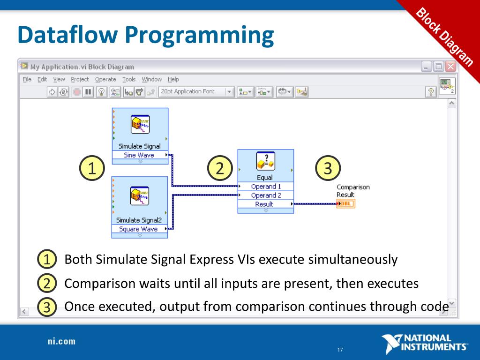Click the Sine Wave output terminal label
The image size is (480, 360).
(139, 155)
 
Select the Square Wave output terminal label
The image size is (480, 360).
(138, 229)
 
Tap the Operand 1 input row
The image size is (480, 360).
(265, 187)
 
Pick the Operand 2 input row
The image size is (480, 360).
(265, 195)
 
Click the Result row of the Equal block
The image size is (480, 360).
(264, 204)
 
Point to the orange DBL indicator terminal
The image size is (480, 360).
(346, 203)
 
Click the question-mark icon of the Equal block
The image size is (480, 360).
(265, 162)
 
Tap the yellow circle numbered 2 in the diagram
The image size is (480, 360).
(220, 169)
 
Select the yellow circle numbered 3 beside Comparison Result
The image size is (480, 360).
(328, 169)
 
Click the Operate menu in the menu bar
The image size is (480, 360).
(105, 80)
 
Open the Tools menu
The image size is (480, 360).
(129, 80)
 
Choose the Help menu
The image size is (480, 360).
(173, 80)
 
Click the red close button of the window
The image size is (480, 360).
(450, 67)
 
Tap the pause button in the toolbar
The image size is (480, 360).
(88, 92)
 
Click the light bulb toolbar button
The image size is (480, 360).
(101, 92)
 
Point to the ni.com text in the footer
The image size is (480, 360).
(61, 341)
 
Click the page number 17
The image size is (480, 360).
(340, 350)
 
